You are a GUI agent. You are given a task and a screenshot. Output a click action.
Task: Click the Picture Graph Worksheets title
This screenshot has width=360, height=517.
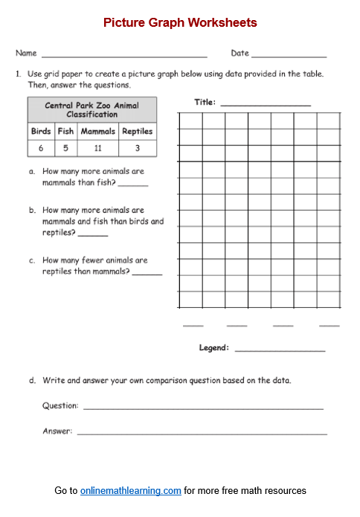tap(180, 23)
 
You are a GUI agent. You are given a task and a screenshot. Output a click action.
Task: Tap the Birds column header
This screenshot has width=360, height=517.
tap(41, 132)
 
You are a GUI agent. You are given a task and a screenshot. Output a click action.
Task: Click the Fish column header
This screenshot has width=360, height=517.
tap(65, 132)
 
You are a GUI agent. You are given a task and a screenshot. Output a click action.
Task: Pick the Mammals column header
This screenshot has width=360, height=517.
tap(98, 132)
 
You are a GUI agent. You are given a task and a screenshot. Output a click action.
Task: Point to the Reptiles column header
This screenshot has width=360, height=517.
tap(138, 132)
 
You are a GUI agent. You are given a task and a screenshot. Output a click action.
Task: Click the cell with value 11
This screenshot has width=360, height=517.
tap(98, 148)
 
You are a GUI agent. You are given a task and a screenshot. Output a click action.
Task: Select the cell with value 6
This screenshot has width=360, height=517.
tap(41, 148)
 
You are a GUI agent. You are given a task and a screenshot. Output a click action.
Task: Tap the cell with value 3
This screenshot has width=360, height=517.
tap(138, 148)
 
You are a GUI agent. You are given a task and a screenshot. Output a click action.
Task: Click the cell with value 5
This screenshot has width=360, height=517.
tap(65, 148)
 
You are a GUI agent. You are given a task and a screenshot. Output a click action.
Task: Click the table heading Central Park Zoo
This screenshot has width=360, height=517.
tap(92, 109)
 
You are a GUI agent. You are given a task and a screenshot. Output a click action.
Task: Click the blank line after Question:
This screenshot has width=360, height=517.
tap(203, 408)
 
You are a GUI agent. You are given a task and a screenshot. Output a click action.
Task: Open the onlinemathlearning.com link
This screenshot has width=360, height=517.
tap(131, 491)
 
